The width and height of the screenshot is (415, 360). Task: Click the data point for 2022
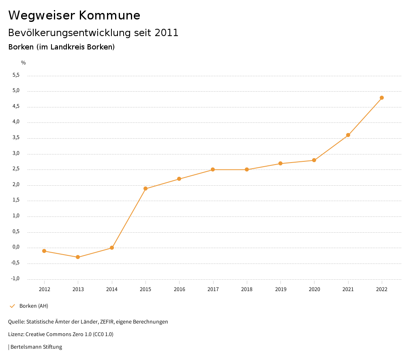pyautogui.click(x=382, y=98)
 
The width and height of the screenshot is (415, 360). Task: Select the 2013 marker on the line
pyautogui.click(x=78, y=257)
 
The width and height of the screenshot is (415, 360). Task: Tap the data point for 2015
pyautogui.click(x=145, y=189)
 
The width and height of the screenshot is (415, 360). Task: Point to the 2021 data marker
pyautogui.click(x=348, y=135)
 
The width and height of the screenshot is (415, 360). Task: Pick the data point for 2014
pyautogui.click(x=112, y=248)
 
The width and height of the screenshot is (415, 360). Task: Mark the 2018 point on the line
pyautogui.click(x=247, y=169)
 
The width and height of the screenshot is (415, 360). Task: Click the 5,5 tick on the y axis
pyautogui.click(x=16, y=75)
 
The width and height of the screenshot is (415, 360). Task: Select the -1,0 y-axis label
pyautogui.click(x=15, y=279)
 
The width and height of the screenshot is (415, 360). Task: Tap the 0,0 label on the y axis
pyautogui.click(x=16, y=247)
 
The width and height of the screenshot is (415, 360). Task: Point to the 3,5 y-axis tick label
pyautogui.click(x=16, y=138)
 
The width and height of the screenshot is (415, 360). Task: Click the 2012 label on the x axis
pyautogui.click(x=44, y=289)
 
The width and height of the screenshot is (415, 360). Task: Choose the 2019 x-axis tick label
pyautogui.click(x=280, y=289)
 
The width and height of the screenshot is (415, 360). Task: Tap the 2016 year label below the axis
pyautogui.click(x=179, y=289)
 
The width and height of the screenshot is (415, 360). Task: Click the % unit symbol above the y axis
pyautogui.click(x=24, y=63)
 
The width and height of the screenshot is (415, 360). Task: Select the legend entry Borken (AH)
pyautogui.click(x=34, y=306)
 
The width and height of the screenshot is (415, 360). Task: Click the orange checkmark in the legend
pyautogui.click(x=12, y=306)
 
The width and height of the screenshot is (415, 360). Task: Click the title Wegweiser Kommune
pyautogui.click(x=74, y=15)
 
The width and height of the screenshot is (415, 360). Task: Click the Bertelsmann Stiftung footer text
pyautogui.click(x=36, y=347)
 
